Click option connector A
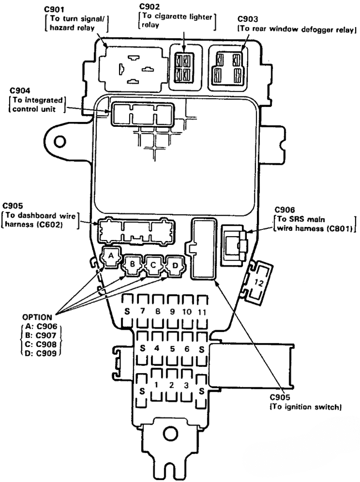pyautogui.click(x=111, y=255)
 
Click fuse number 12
pyautogui.click(x=258, y=284)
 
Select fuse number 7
pyautogui.click(x=142, y=311)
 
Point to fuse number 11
pyautogui.click(x=201, y=311)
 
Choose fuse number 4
pyautogui.click(x=157, y=347)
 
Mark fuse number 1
pyautogui.click(x=157, y=384)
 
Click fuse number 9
pyautogui.click(x=172, y=311)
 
